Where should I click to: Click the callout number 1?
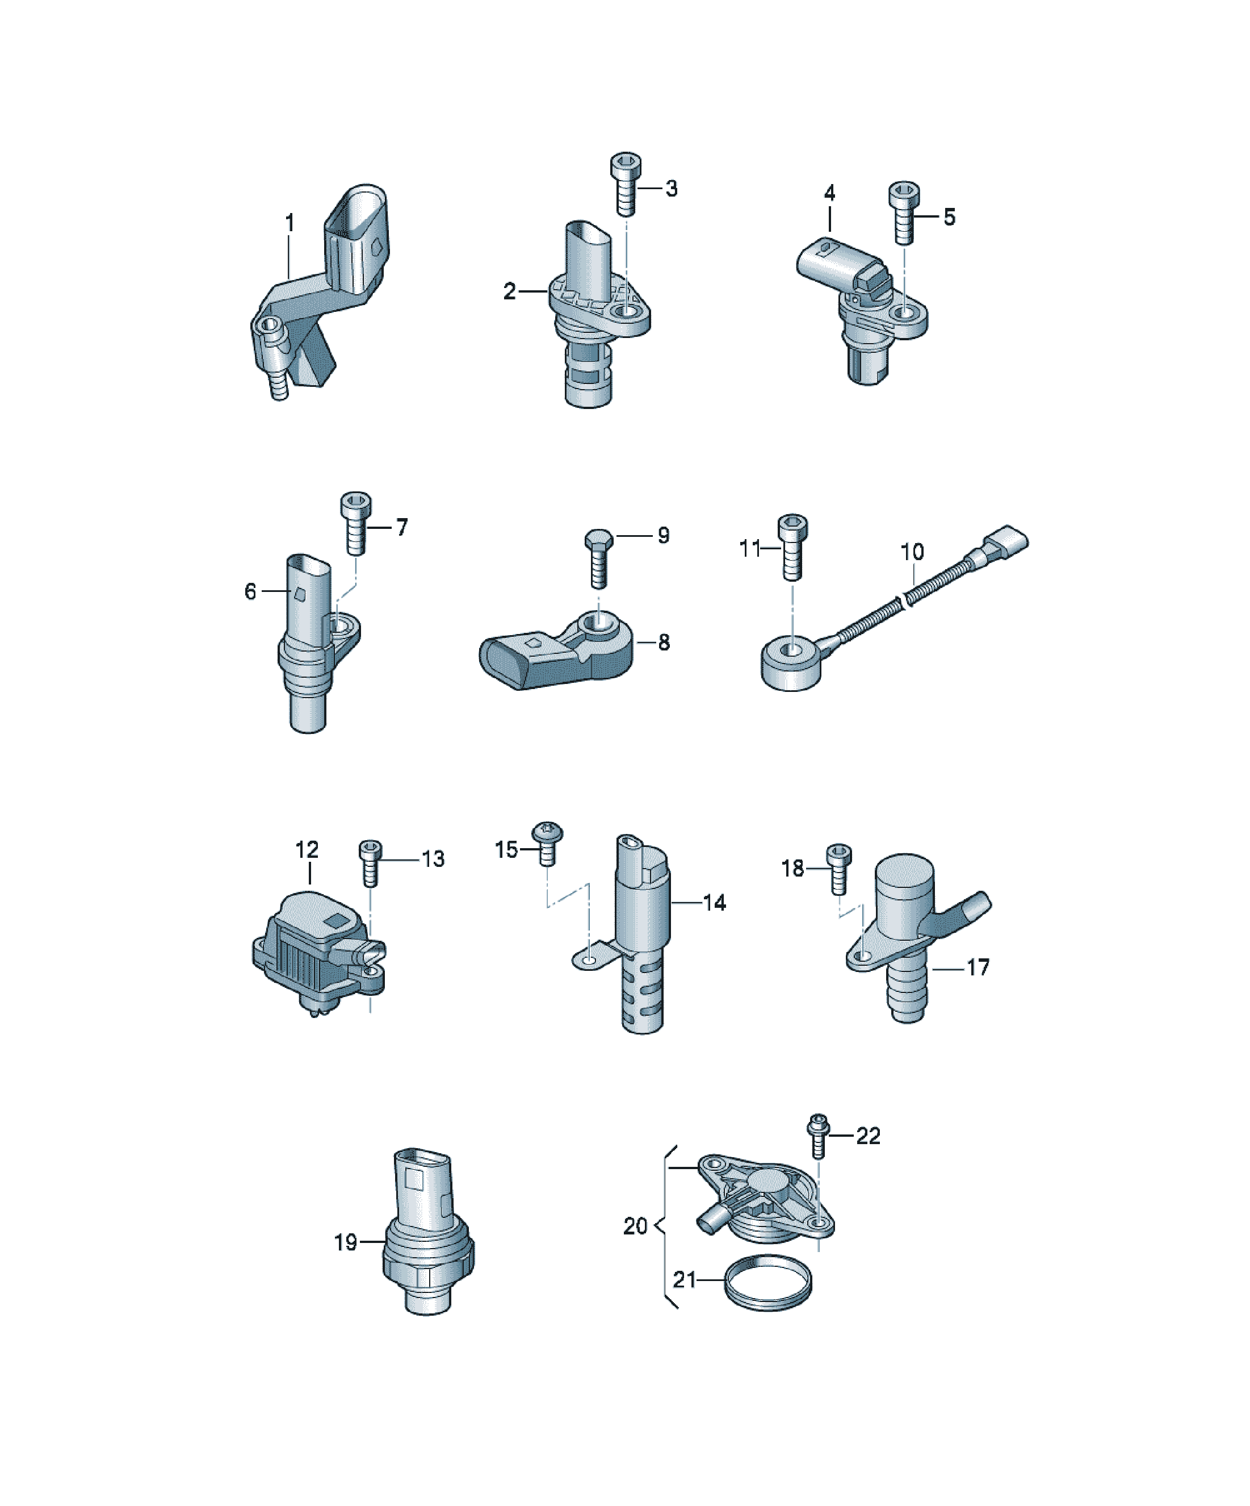tap(290, 223)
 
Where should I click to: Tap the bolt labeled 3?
tap(626, 184)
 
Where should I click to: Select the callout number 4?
tap(829, 193)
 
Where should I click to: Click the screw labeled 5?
tap(904, 213)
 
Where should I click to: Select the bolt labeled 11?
tap(792, 547)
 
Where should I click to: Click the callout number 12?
tap(307, 850)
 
